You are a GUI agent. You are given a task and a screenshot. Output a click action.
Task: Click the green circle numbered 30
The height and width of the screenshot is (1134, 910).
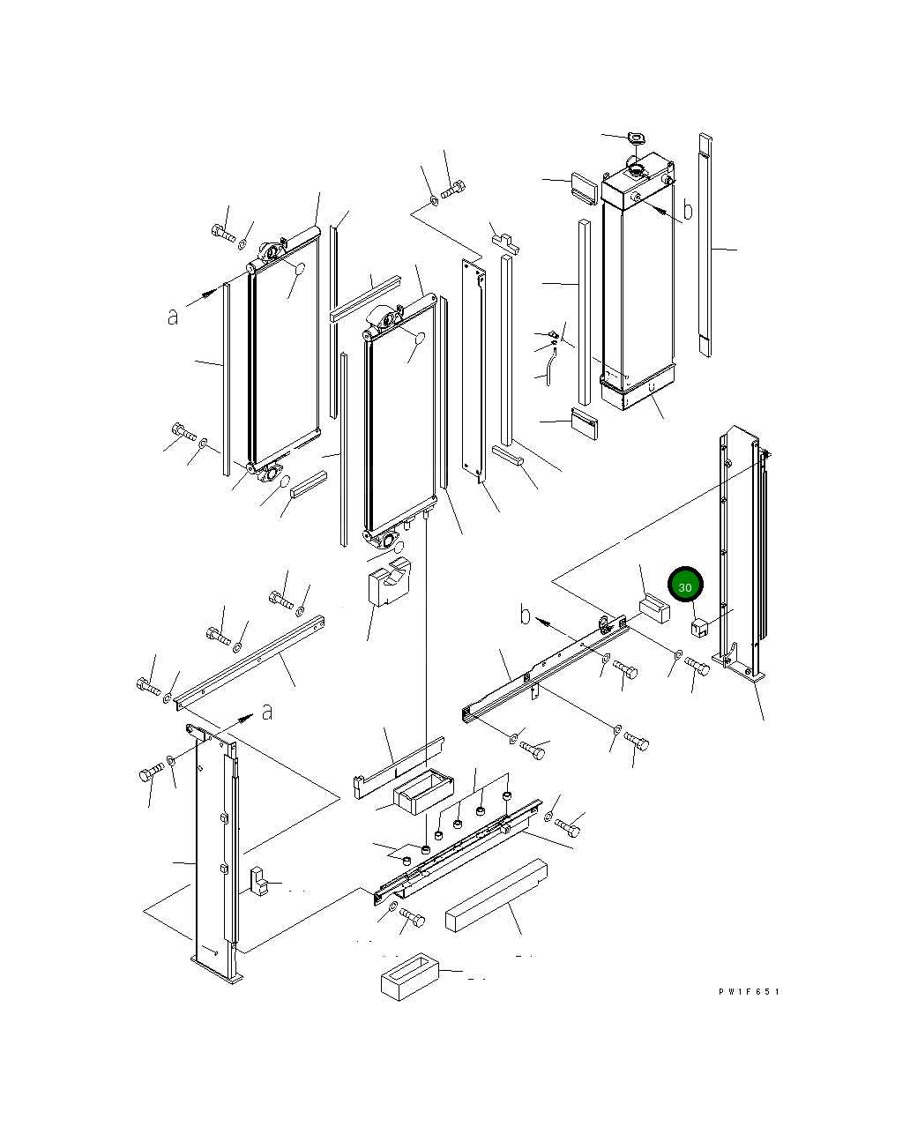(x=685, y=585)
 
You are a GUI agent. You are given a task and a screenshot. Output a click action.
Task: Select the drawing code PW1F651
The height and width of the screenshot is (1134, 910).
(x=749, y=992)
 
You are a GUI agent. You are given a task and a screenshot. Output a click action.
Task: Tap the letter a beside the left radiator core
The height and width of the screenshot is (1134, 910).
(x=173, y=316)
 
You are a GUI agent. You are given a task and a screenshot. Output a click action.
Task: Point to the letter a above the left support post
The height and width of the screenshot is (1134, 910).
(x=266, y=711)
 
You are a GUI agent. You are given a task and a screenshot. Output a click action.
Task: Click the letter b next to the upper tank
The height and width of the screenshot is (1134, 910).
(x=688, y=210)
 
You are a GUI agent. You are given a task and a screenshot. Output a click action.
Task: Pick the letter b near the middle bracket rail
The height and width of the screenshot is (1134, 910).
(x=526, y=615)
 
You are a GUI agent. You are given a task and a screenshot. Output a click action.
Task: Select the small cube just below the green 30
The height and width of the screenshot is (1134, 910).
(x=699, y=628)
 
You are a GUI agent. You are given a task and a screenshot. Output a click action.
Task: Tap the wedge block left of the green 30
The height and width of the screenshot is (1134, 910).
(x=654, y=608)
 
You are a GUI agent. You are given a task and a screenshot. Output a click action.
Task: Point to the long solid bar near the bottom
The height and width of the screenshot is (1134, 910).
(x=496, y=895)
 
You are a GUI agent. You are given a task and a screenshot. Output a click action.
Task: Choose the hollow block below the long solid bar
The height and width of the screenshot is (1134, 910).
(x=409, y=978)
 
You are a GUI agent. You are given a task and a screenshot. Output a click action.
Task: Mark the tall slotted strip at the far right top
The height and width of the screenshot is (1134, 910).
(x=705, y=244)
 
